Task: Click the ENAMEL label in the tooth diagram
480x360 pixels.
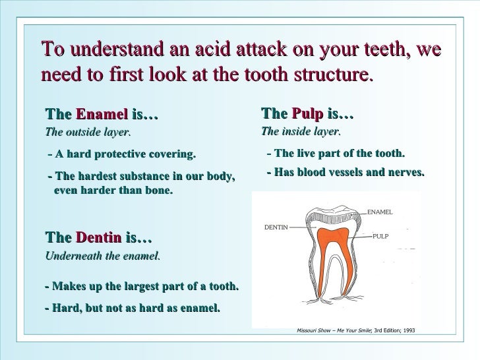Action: point(379,212)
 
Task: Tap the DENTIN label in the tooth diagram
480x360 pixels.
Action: point(276,227)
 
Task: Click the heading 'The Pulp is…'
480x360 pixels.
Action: point(307,115)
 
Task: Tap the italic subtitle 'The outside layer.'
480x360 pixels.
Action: point(88,132)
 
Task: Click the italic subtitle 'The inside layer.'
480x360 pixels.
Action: point(301,131)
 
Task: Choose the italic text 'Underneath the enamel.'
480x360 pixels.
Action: point(102,256)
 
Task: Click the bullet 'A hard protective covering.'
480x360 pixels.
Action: point(123,156)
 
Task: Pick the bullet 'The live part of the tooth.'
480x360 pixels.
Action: point(336,154)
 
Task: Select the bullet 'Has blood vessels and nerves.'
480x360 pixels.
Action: point(345,172)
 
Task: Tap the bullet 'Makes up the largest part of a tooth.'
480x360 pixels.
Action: point(142,287)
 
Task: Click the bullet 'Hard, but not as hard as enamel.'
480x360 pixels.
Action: point(133,308)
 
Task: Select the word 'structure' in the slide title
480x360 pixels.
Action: point(327,74)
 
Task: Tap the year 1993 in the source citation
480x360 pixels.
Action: point(408,330)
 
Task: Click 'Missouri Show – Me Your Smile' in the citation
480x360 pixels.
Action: point(333,330)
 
